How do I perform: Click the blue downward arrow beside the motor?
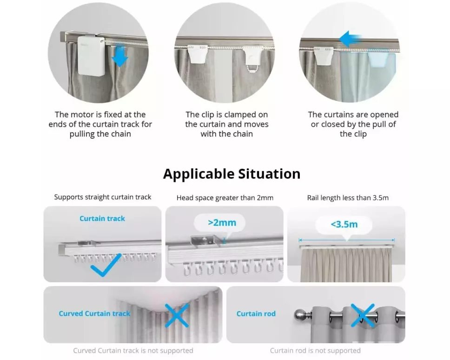119,56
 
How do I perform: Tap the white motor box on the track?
91,56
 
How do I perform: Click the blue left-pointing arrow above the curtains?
350,39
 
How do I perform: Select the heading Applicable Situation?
232,173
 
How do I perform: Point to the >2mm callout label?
222,222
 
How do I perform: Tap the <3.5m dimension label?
344,224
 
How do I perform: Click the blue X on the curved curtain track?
177,315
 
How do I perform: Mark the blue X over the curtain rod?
363,315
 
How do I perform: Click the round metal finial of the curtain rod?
300,315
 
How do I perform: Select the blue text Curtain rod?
256,314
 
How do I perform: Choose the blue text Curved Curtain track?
94,313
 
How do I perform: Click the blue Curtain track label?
102,219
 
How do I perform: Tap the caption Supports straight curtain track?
102,197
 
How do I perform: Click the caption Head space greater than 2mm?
225,198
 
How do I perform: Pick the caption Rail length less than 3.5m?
348,198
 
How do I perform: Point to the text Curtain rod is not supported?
315,351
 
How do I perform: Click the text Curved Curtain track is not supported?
133,351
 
